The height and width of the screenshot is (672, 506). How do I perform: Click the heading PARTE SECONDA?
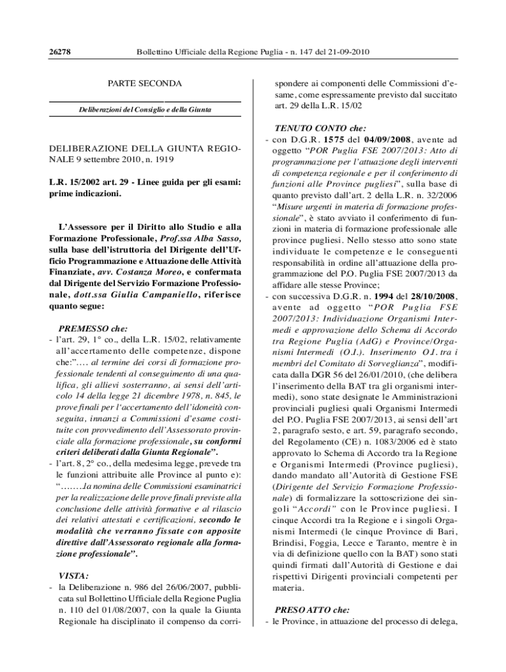[145, 84]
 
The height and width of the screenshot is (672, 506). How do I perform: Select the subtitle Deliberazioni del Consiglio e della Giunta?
[145, 109]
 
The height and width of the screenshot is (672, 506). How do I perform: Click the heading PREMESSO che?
[93, 328]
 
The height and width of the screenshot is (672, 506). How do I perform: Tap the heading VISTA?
[74, 576]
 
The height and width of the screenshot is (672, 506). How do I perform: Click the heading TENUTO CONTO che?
[315, 129]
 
